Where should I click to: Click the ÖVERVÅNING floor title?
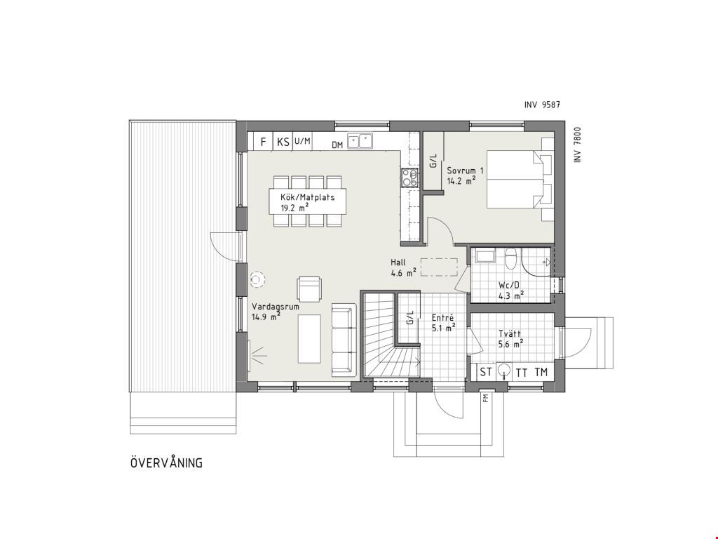(x=166, y=463)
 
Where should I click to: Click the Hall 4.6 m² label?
(x=403, y=267)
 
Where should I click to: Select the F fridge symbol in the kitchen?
(x=264, y=142)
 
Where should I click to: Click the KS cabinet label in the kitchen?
(x=283, y=142)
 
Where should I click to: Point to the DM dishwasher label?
(x=337, y=145)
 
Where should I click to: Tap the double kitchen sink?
(x=360, y=141)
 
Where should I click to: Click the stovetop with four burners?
(x=410, y=178)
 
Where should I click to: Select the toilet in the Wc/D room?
(x=510, y=258)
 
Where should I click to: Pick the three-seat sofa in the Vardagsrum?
(x=344, y=340)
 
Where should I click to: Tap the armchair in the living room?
(x=309, y=288)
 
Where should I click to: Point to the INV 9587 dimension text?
(x=542, y=105)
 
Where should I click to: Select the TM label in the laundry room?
(x=541, y=372)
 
